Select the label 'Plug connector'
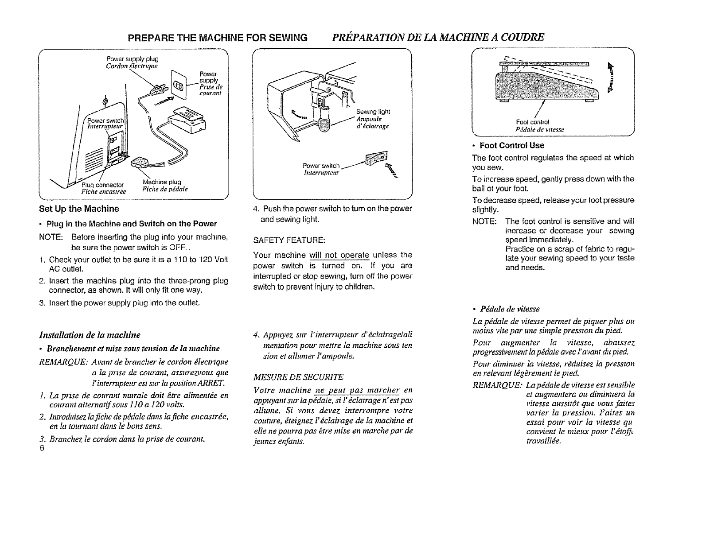tap(103, 184)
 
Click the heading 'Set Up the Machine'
tap(79, 209)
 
